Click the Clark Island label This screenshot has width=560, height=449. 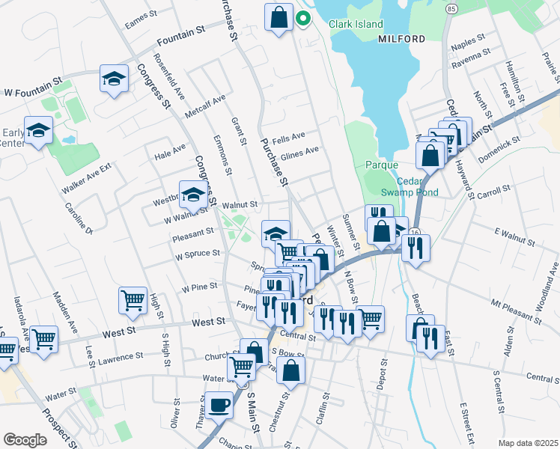click(x=356, y=24)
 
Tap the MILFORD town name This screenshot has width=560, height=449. click(x=401, y=38)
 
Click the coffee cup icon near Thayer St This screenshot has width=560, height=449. click(x=219, y=405)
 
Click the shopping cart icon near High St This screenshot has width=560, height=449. click(x=133, y=300)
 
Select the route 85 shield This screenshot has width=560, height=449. click(x=450, y=8)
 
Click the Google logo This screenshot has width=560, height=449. click(x=25, y=440)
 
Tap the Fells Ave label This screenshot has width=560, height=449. click(x=289, y=137)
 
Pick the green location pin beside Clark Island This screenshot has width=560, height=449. click(x=303, y=18)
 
